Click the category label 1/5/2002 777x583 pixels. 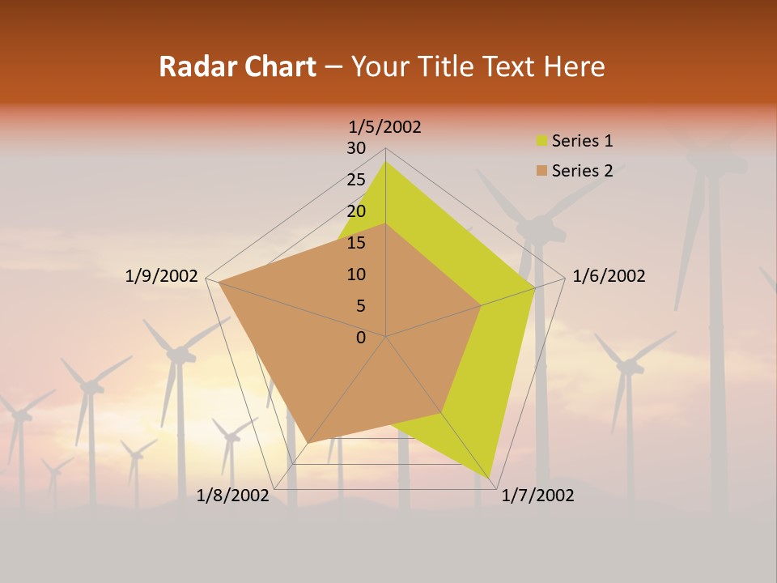[x=384, y=127]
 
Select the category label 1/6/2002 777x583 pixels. [x=609, y=276]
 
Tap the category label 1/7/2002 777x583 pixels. [x=537, y=496]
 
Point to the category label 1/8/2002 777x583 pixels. [x=232, y=496]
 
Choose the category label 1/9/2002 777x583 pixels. [x=161, y=276]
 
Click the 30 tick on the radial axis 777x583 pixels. [x=356, y=148]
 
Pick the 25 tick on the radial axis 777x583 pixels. [x=356, y=180]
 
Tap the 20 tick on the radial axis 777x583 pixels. [x=356, y=211]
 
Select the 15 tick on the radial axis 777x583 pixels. [x=356, y=243]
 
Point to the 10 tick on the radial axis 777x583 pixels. [x=356, y=274]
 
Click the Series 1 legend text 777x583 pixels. [x=582, y=141]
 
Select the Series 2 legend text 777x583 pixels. [x=582, y=171]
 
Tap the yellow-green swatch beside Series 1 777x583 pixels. [x=541, y=142]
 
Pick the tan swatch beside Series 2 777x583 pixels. [x=541, y=171]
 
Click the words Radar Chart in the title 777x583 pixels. [x=237, y=66]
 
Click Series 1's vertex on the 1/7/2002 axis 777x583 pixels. [x=490, y=478]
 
